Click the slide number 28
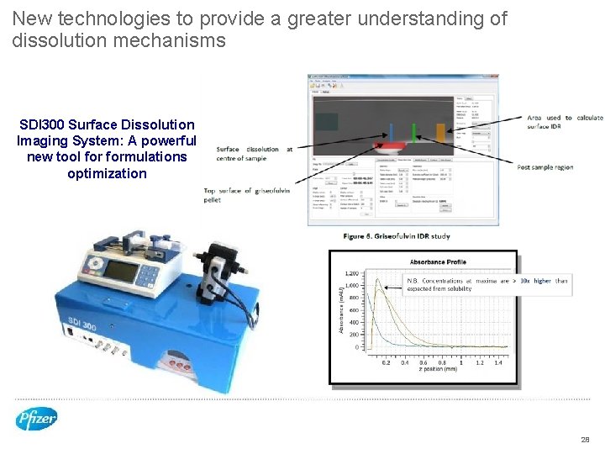tap(585, 440)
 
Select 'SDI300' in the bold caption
tap(43, 124)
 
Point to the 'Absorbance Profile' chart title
tap(438, 261)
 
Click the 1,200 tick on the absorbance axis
tap(351, 273)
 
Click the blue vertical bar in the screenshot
tap(391, 133)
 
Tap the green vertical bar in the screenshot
tap(413, 133)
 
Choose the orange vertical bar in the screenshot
tap(439, 132)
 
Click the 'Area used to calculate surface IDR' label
tap(565, 122)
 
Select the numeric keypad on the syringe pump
tap(150, 275)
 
